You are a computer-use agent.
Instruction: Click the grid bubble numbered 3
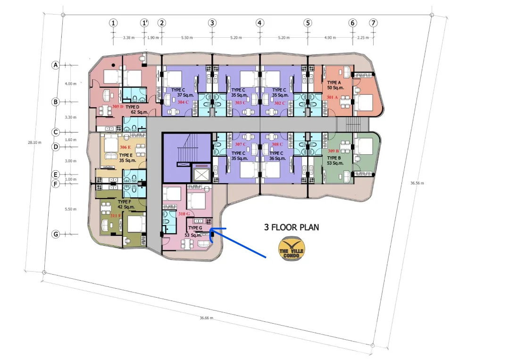point(212,23)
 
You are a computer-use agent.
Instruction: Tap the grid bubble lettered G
point(56,234)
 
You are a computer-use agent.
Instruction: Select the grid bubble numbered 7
point(373,23)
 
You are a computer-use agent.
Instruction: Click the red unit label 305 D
point(118,107)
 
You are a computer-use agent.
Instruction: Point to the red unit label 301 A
point(332,97)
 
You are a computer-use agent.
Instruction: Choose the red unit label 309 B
point(334,151)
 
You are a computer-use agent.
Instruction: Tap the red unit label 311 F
point(116,216)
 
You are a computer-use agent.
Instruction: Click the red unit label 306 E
point(125,147)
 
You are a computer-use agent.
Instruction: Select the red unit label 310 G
point(184,214)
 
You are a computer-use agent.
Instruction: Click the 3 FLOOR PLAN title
point(292,227)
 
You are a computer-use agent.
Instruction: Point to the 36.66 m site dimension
point(207,318)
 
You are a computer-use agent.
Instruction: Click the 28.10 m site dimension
point(34,142)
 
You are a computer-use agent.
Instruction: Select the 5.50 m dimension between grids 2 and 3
point(187,38)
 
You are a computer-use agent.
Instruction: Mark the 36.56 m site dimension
point(417,183)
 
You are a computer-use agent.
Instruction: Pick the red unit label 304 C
point(183,102)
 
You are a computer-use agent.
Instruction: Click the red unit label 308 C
point(277,144)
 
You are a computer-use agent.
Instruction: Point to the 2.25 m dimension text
point(363,38)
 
